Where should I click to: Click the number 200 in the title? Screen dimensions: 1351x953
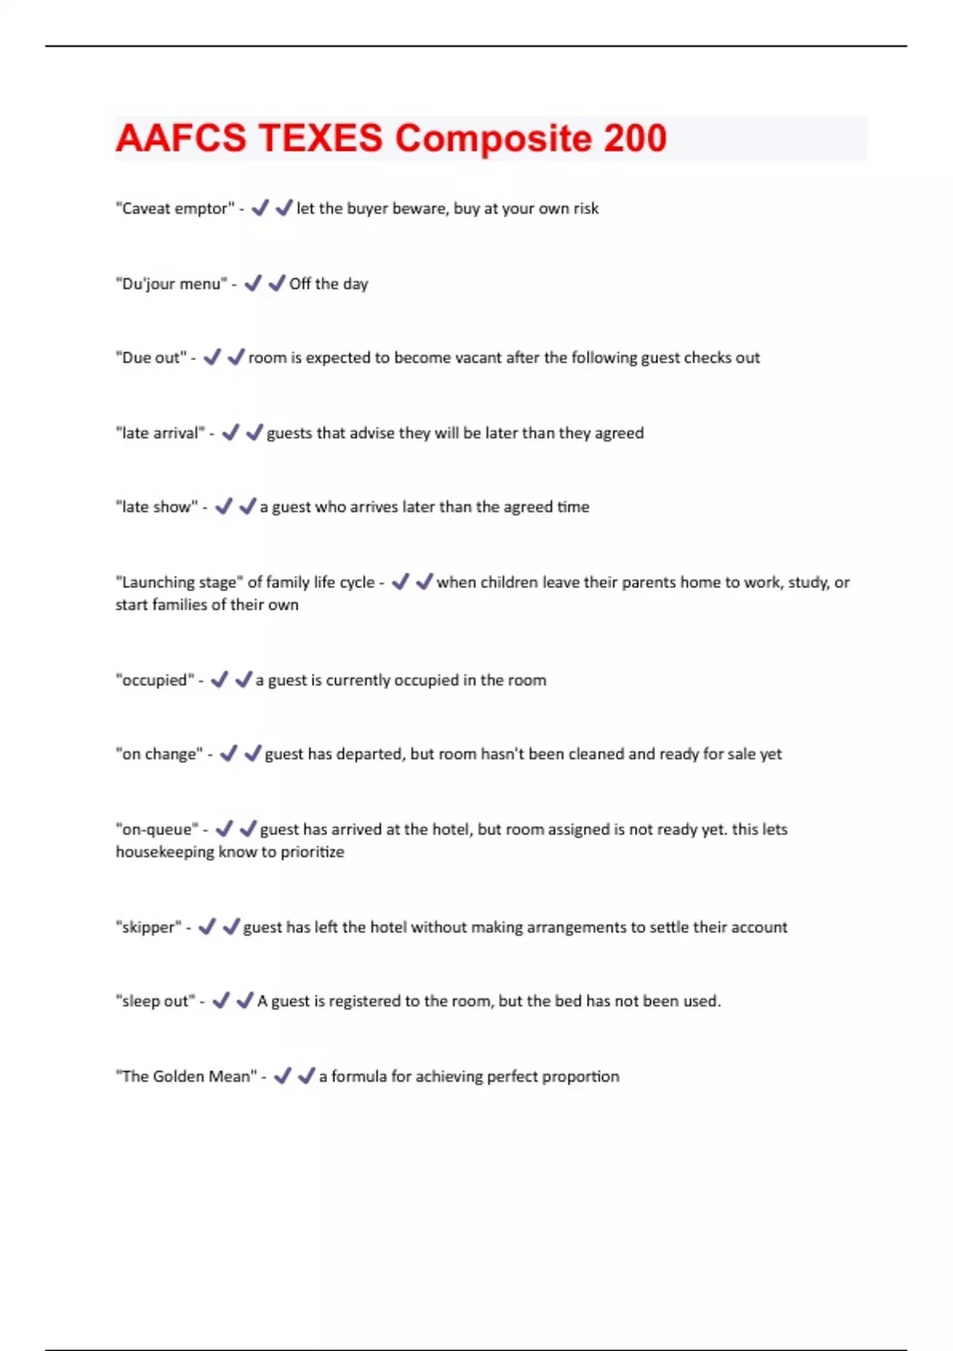tap(635, 138)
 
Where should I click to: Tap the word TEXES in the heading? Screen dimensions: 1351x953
tap(320, 138)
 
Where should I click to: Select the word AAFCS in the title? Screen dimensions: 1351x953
tap(181, 138)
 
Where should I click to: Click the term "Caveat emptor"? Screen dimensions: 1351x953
tap(175, 209)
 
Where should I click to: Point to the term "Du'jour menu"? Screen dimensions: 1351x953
tap(171, 285)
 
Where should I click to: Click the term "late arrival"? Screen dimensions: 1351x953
tap(160, 434)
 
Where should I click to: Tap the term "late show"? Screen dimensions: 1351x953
tap(156, 508)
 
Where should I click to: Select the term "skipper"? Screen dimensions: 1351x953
tap(149, 927)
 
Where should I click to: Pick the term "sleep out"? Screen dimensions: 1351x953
tap(155, 1001)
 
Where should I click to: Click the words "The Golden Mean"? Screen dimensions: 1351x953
tap(186, 1077)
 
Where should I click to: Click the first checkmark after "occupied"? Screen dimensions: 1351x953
tap(219, 679)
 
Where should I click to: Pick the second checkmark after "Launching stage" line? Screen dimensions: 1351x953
tap(424, 582)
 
